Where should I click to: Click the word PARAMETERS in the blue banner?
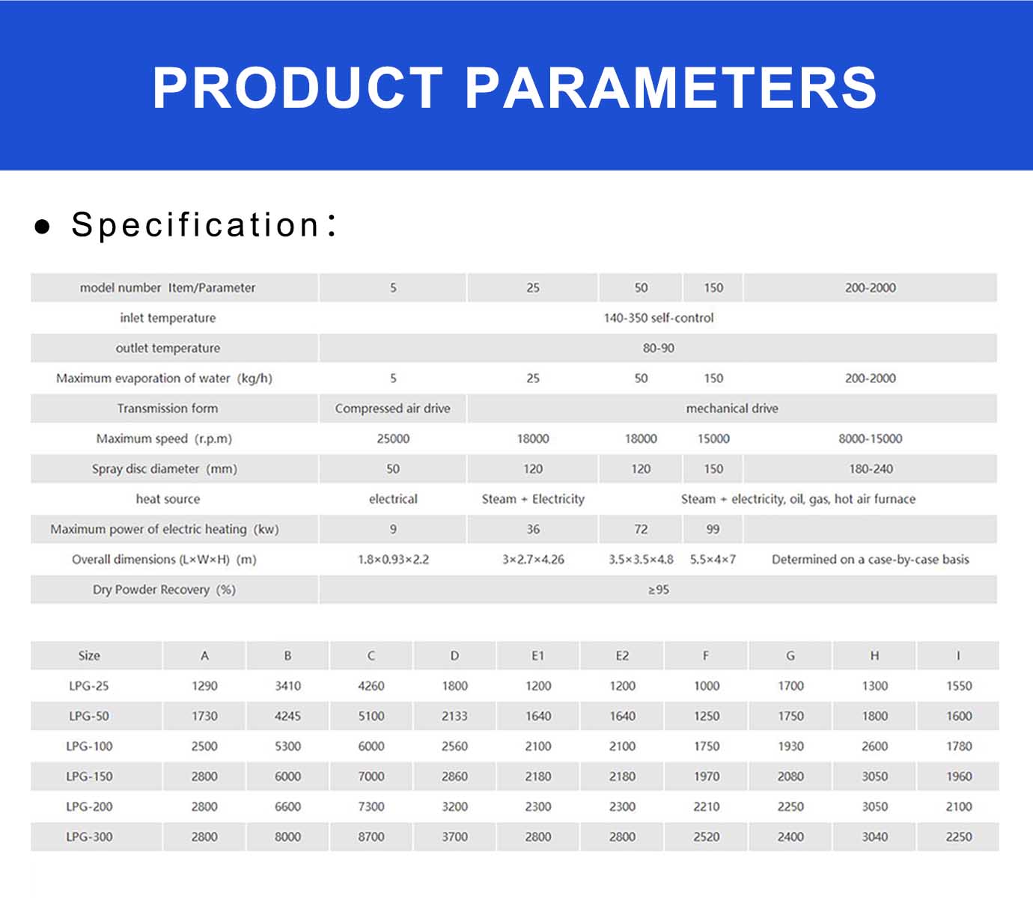(671, 88)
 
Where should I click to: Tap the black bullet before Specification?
(43, 227)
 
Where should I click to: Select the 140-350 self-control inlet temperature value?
(659, 318)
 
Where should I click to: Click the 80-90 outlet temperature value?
(659, 348)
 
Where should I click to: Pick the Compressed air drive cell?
(392, 408)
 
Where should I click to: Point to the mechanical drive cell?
(732, 408)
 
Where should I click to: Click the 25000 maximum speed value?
(393, 438)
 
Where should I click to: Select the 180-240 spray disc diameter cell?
(871, 468)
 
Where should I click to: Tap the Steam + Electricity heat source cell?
(533, 499)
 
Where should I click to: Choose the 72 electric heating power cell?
(641, 529)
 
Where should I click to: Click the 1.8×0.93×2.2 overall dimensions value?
(393, 560)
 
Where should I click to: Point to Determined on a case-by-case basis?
(871, 560)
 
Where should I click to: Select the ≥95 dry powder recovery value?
(659, 590)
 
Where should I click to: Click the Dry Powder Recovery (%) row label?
(164, 590)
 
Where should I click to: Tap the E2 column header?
(622, 655)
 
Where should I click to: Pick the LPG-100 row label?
(89, 746)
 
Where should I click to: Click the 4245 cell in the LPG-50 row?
(287, 716)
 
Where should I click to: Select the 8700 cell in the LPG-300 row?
(371, 837)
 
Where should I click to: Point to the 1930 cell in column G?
(790, 746)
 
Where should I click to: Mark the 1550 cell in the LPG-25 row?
(959, 685)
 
